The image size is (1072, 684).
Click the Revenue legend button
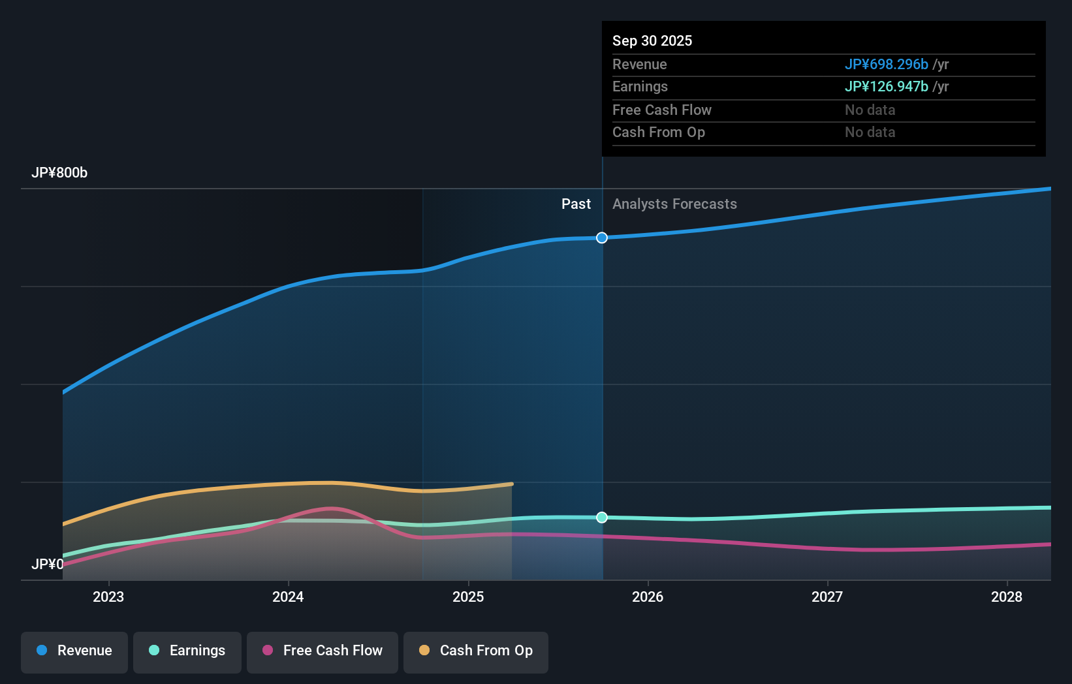tap(74, 651)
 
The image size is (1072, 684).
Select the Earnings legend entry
tap(187, 651)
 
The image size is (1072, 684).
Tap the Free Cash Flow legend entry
tap(323, 651)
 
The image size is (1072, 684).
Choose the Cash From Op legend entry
tap(476, 651)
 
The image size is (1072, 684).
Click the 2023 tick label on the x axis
tap(108, 597)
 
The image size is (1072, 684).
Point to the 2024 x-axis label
tap(288, 597)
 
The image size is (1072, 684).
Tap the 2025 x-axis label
tap(468, 597)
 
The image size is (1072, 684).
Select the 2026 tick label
tap(648, 597)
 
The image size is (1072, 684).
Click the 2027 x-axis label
tap(827, 597)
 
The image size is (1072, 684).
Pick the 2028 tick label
tap(1007, 597)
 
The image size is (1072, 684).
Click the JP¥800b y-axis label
tap(59, 173)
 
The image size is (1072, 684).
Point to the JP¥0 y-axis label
tap(48, 565)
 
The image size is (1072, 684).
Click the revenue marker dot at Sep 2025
tap(602, 238)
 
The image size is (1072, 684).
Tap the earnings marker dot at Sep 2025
tap(602, 518)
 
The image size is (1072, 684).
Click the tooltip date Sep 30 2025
tap(652, 41)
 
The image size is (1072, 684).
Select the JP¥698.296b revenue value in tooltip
tap(886, 65)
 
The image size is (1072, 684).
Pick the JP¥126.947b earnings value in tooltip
tap(886, 87)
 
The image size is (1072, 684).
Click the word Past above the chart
tap(576, 204)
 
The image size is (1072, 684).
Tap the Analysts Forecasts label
tap(674, 204)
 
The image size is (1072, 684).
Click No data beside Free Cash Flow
tap(870, 110)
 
